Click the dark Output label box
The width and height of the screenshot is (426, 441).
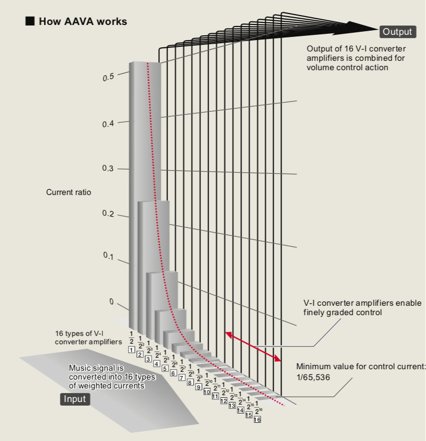click(397, 32)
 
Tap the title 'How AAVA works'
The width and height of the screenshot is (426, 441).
click(83, 21)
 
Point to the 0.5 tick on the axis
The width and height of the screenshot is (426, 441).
click(108, 77)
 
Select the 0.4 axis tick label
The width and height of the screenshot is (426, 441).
click(108, 124)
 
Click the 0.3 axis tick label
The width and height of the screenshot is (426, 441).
click(108, 169)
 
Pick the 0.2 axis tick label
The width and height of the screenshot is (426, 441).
click(108, 214)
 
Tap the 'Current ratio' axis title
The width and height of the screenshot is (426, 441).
click(69, 192)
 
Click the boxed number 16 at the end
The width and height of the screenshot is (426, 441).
click(257, 419)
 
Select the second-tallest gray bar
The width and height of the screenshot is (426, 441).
click(153, 260)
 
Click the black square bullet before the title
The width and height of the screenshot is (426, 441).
click(30, 21)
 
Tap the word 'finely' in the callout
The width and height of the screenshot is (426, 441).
click(315, 313)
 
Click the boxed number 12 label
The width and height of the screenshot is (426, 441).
click(224, 401)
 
